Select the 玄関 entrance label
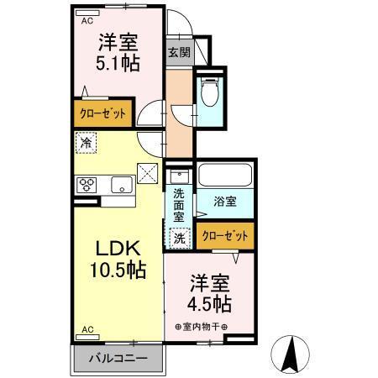[178, 52]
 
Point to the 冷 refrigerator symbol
[86, 143]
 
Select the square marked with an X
[148, 175]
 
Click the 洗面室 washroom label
[179, 205]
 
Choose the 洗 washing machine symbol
[179, 239]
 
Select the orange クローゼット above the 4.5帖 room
[225, 236]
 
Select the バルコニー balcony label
[119, 359]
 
